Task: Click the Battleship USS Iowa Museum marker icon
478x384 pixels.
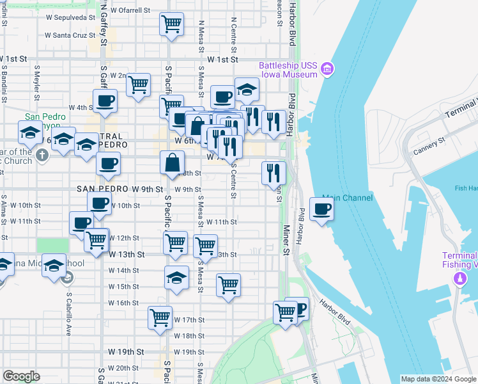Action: (x=327, y=68)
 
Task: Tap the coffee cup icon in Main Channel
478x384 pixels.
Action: (x=321, y=209)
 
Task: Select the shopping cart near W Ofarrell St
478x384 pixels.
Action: (x=171, y=24)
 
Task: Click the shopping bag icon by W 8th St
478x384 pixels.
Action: (x=173, y=163)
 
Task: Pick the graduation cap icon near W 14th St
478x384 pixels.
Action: (x=177, y=277)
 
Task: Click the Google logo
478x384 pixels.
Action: (x=21, y=376)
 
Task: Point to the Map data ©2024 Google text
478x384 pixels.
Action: (x=438, y=379)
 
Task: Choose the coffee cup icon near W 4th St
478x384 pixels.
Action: (x=105, y=100)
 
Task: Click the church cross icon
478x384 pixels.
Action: (x=42, y=155)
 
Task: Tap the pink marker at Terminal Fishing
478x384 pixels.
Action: (x=459, y=278)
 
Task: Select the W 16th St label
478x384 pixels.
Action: (x=123, y=303)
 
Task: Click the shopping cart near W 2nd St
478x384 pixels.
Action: (x=138, y=84)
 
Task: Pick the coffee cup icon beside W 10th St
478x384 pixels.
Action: (x=100, y=204)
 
